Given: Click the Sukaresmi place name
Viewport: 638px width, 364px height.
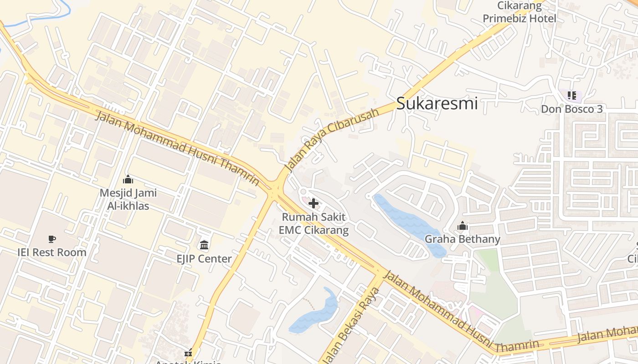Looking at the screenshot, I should click(x=437, y=103).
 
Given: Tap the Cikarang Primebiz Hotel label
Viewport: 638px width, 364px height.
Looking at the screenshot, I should click(x=520, y=13).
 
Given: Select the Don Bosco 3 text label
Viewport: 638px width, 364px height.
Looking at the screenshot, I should click(x=571, y=109).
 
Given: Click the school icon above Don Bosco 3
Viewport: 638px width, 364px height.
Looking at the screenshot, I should click(x=572, y=96).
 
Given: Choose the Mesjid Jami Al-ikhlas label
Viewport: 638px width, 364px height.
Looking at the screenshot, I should click(x=128, y=199).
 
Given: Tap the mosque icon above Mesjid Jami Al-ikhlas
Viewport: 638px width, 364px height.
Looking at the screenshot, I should click(x=128, y=180).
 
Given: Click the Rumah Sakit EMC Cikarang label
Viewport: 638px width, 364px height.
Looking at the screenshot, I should click(x=314, y=223).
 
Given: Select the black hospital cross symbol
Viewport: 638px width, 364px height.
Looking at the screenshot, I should click(x=314, y=203).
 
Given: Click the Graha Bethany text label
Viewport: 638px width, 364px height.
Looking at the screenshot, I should click(x=462, y=239).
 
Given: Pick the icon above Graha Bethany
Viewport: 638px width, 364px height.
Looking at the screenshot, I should click(x=463, y=226).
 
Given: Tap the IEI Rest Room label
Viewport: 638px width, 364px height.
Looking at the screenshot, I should click(x=52, y=252).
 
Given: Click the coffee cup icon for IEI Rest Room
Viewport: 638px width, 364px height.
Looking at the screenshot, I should click(x=52, y=239).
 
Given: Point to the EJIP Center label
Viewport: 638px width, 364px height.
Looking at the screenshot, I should click(x=204, y=258).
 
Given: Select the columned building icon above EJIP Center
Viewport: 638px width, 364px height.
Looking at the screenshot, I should click(x=204, y=246).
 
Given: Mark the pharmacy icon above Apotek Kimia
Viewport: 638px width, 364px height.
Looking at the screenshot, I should click(x=188, y=353).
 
